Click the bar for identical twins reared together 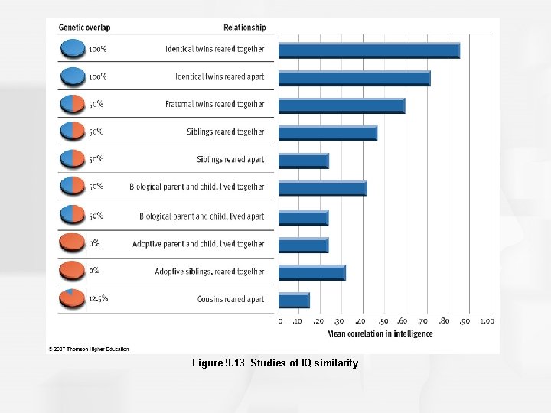369,51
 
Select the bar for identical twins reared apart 354,79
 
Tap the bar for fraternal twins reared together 341,106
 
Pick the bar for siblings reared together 328,133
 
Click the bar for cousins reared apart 294,300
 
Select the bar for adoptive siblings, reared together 311,273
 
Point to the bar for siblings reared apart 303,161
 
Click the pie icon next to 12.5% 72,298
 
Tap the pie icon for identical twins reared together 72,49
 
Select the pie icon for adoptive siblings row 72,270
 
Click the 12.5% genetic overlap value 98,298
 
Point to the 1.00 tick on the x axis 487,322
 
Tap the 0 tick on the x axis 280,322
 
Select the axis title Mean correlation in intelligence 380,333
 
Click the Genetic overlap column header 84,28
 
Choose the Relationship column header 244,28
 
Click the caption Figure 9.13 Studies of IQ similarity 275,363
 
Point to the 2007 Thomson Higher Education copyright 89,349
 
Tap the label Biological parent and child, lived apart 201,216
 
